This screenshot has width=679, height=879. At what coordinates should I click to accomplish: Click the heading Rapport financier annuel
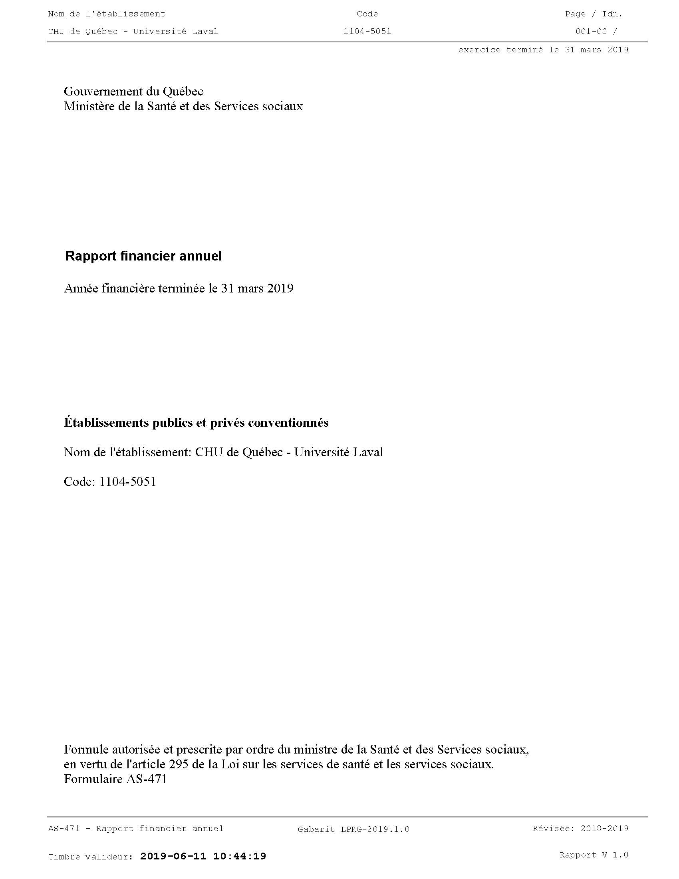click(144, 256)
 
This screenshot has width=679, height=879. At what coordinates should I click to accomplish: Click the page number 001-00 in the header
click(591, 32)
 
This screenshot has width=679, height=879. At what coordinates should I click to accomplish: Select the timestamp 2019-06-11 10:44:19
click(203, 856)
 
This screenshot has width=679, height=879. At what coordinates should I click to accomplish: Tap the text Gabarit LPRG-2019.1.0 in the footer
click(353, 829)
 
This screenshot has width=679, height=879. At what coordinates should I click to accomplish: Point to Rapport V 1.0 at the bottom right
click(594, 855)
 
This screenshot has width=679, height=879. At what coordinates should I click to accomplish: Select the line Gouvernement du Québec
click(133, 91)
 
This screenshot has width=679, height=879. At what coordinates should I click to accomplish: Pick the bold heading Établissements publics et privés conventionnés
click(196, 423)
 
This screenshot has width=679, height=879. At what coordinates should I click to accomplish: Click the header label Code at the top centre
click(367, 14)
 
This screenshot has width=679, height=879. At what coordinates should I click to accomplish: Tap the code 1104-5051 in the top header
click(367, 32)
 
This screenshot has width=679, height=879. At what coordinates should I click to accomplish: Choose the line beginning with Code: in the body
click(110, 481)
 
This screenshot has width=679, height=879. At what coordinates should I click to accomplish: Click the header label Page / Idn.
click(593, 14)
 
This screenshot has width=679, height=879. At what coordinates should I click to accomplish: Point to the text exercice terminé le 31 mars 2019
click(543, 50)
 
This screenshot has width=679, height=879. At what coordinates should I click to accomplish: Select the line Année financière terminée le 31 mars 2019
click(179, 288)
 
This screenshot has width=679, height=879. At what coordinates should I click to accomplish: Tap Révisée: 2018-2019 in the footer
click(580, 828)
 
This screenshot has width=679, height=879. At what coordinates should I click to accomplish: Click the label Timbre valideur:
click(91, 857)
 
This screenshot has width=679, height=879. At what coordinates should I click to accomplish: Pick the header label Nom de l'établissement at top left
click(107, 14)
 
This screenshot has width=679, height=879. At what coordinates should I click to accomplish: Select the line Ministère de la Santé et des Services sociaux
click(183, 106)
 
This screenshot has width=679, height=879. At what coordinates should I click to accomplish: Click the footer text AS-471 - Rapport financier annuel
click(136, 828)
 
